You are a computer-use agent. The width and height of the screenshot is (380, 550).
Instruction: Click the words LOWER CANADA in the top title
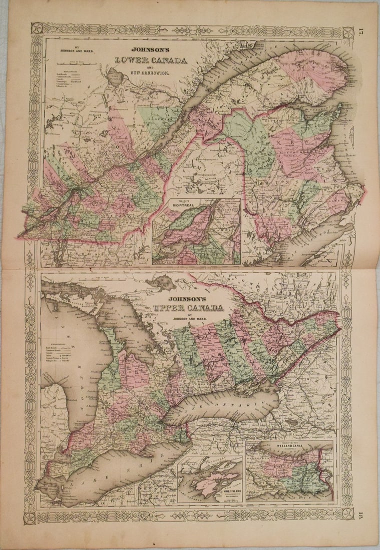click(x=151, y=60)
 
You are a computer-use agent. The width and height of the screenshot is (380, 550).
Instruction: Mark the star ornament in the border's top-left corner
click(x=37, y=27)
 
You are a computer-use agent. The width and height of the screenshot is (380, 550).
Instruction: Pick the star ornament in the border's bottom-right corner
click(x=347, y=513)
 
